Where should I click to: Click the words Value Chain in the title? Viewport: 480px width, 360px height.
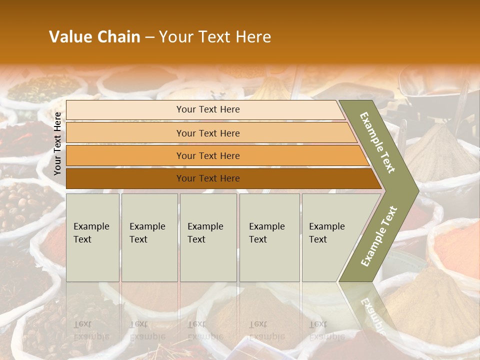[94, 37]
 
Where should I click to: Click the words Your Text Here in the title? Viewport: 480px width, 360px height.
[215, 37]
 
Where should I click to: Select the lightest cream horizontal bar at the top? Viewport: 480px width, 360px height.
[125, 109]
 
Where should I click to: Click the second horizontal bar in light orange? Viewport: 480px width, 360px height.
[125, 133]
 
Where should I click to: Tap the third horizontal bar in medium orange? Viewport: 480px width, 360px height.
[125, 155]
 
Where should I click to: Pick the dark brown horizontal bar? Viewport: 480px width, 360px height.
[125, 178]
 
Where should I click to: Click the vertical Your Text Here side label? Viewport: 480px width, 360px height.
[57, 143]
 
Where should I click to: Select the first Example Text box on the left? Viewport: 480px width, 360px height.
[92, 237]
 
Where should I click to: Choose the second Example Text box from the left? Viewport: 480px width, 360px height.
[149, 237]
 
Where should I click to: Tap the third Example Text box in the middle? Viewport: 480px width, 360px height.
[208, 237]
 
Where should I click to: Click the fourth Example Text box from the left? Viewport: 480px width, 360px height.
[269, 237]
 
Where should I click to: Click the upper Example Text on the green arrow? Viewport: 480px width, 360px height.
[378, 142]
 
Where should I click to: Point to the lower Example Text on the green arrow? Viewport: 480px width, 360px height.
[379, 236]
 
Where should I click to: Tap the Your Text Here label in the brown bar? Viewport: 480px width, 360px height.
[208, 178]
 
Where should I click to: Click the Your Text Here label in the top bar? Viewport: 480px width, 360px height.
[208, 109]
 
